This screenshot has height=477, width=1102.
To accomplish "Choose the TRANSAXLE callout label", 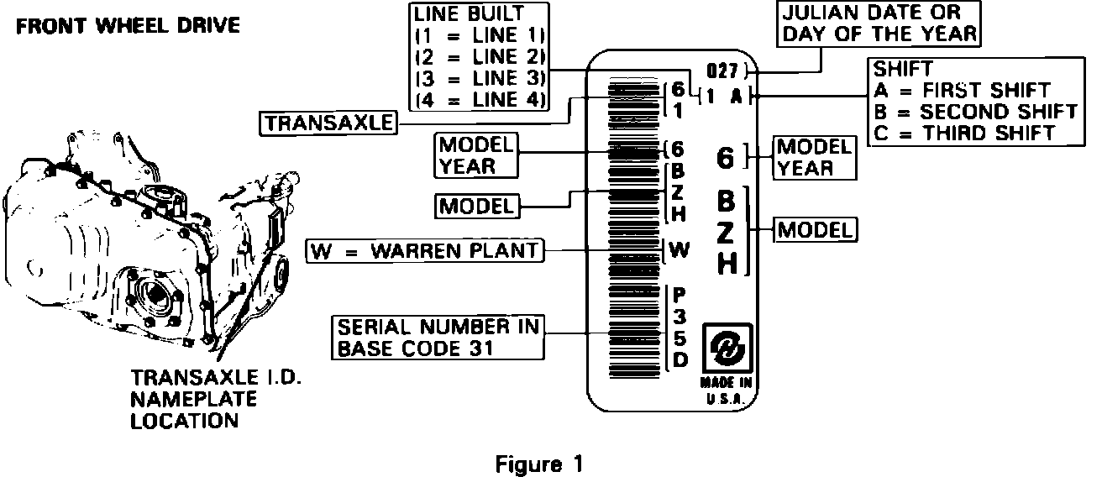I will [328, 123].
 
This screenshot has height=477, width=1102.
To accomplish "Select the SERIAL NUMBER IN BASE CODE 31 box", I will [437, 336].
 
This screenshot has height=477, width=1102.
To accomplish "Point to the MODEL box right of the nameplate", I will [816, 228].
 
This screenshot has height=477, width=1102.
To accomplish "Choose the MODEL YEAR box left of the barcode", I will [476, 155].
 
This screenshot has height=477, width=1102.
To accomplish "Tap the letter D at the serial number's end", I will [680, 361].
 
